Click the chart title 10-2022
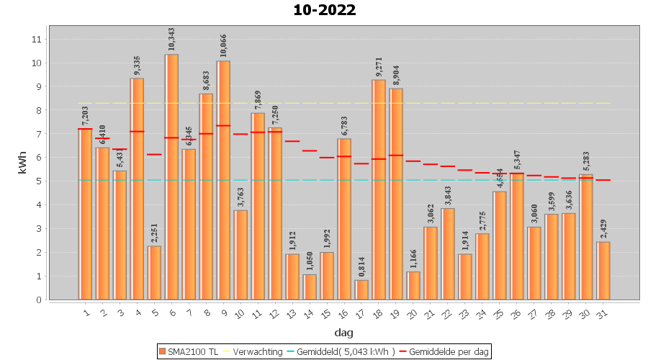324,10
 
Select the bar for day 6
171,176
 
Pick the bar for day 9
223,180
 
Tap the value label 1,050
310,259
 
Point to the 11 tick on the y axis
37,39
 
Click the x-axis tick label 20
413,314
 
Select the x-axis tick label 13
292,314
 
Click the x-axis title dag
343,333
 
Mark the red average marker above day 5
154,154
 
